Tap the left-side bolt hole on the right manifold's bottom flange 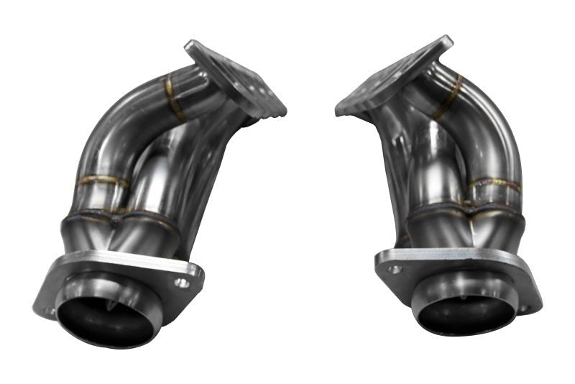[394, 270]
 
